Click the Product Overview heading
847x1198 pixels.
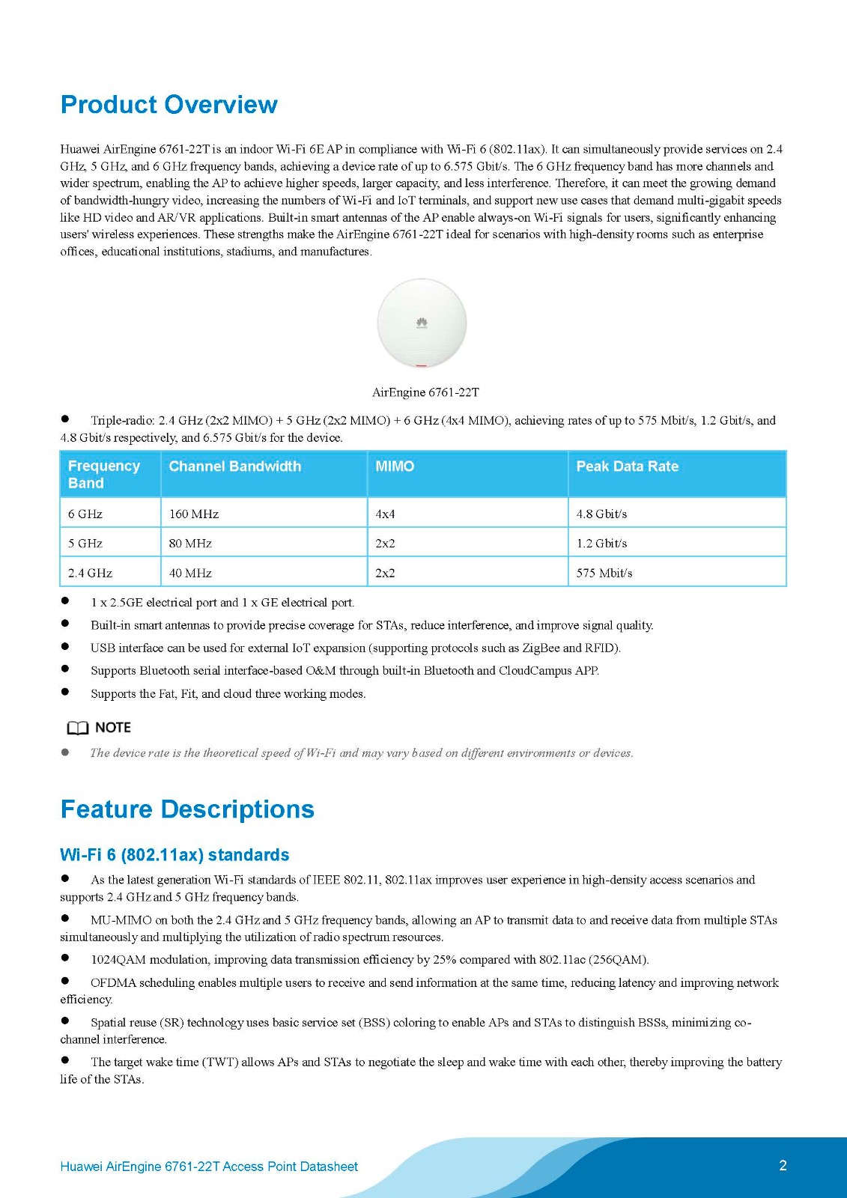pyautogui.click(x=169, y=105)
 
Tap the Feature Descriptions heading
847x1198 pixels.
pyautogui.click(x=187, y=809)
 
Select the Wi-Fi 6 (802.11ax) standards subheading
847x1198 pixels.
pyautogui.click(x=174, y=855)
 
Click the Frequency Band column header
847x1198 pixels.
pyautogui.click(x=103, y=475)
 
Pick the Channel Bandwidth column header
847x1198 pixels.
pyautogui.click(x=234, y=466)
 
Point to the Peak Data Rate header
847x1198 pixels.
pyautogui.click(x=627, y=466)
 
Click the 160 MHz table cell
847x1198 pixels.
pyautogui.click(x=194, y=514)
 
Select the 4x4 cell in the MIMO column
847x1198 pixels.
pyautogui.click(x=385, y=514)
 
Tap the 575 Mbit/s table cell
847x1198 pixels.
pyautogui.click(x=604, y=574)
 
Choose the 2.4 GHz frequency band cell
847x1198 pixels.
pyautogui.click(x=90, y=574)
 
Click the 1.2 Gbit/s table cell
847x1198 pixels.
pyautogui.click(x=601, y=544)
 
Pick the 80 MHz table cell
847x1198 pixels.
pyautogui.click(x=190, y=544)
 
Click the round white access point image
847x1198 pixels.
pyautogui.click(x=422, y=323)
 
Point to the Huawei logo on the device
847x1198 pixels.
pyautogui.click(x=422, y=323)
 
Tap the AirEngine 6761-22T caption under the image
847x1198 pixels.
pyautogui.click(x=425, y=392)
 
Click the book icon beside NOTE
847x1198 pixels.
pyautogui.click(x=77, y=728)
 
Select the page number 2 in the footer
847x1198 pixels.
pyautogui.click(x=783, y=1165)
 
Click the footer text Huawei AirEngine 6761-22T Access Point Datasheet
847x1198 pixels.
pyautogui.click(x=209, y=1167)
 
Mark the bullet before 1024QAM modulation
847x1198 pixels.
pyautogui.click(x=65, y=958)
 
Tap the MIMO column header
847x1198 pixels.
pyautogui.click(x=394, y=466)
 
